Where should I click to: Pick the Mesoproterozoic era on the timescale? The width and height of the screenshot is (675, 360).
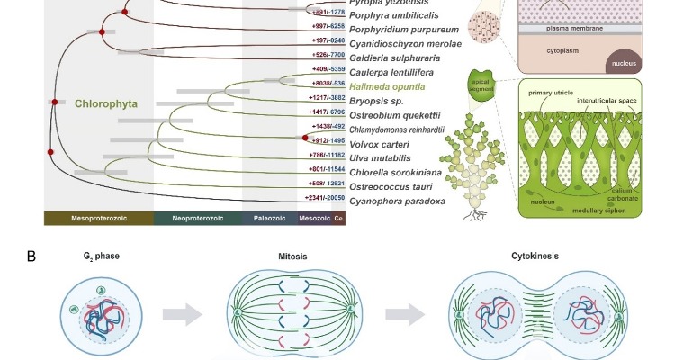(x=98, y=219)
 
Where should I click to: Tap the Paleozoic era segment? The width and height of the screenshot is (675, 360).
(x=269, y=219)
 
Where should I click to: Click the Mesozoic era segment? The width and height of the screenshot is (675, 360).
(x=313, y=219)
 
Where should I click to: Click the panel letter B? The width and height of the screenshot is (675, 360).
(x=31, y=256)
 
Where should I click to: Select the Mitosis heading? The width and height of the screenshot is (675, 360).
(x=292, y=256)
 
